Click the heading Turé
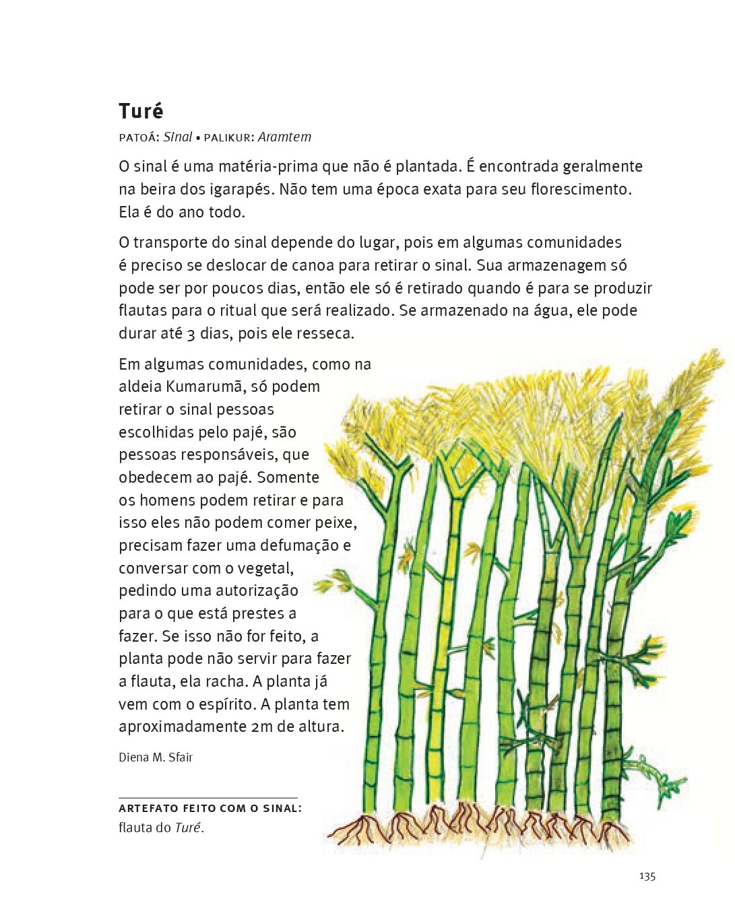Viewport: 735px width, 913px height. click(x=141, y=111)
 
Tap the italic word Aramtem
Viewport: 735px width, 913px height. click(x=284, y=137)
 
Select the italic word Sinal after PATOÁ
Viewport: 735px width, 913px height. click(x=178, y=137)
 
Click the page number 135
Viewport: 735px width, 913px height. click(x=647, y=876)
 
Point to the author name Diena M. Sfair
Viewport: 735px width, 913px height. click(x=156, y=757)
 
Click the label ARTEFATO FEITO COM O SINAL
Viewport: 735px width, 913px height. click(x=210, y=809)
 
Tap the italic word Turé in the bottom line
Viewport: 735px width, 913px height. click(x=188, y=828)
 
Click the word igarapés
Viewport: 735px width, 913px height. click(x=238, y=189)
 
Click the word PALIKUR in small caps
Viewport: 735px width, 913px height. click(x=228, y=138)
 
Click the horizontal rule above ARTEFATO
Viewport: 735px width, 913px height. click(x=207, y=798)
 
